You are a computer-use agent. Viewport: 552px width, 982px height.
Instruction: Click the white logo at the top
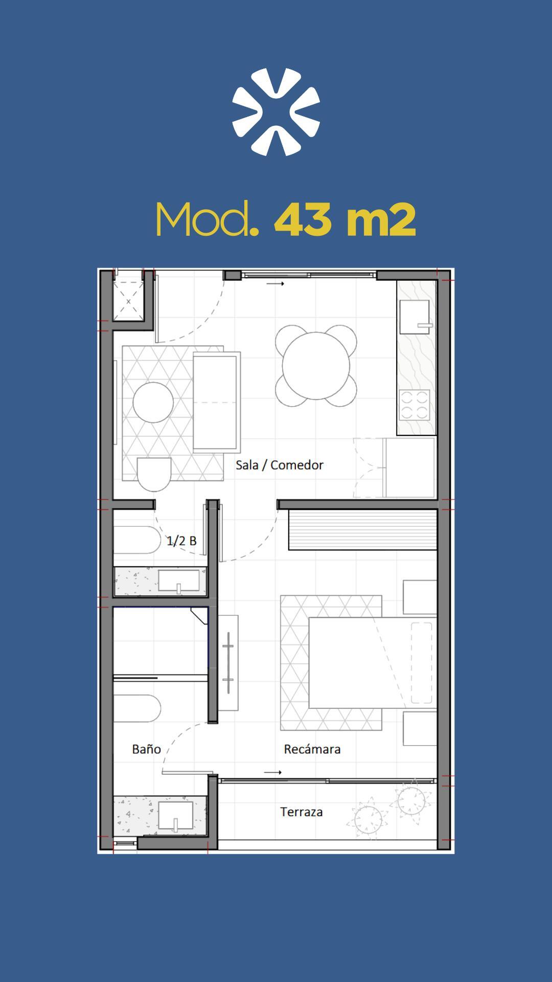click(276, 111)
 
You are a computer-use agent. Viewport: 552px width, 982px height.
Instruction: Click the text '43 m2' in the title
click(345, 219)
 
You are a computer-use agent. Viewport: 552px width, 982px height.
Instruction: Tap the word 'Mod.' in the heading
click(208, 219)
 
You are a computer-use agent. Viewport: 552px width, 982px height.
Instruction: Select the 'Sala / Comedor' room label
click(280, 465)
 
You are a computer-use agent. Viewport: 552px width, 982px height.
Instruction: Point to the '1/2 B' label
click(181, 541)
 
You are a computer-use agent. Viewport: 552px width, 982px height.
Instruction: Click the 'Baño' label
click(146, 749)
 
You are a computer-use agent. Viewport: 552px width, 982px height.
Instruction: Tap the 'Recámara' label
click(312, 749)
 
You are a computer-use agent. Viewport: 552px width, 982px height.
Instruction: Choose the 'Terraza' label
click(302, 812)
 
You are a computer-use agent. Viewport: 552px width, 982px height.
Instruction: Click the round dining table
click(316, 366)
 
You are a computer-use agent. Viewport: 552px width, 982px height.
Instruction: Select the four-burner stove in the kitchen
click(415, 405)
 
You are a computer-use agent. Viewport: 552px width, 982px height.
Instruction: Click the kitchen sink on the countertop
click(415, 317)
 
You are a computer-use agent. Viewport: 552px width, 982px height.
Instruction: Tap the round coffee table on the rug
click(153, 402)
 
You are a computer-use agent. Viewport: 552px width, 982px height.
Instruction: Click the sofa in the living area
click(217, 402)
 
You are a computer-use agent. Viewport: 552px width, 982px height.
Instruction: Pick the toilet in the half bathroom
click(136, 540)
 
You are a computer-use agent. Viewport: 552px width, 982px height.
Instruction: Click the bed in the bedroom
click(373, 663)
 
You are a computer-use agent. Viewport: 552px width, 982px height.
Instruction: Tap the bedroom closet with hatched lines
click(363, 529)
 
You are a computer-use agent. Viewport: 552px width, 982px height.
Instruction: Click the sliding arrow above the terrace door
click(273, 772)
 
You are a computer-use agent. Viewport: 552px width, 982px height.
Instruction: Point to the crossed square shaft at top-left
click(128, 301)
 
